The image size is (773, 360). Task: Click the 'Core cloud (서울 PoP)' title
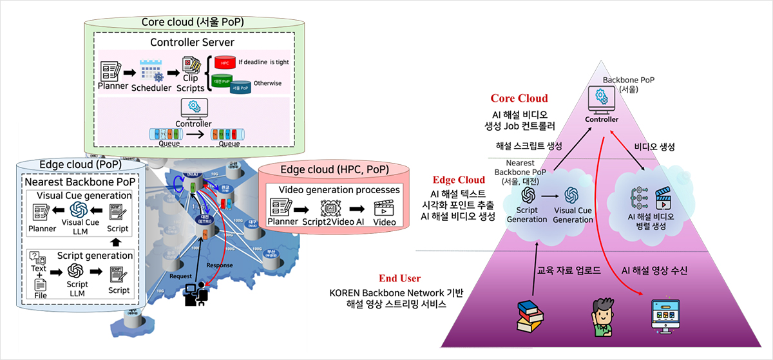click(193, 23)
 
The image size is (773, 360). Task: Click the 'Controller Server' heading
click(192, 43)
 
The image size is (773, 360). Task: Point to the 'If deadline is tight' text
click(264, 62)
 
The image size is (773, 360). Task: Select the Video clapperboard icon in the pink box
click(383, 207)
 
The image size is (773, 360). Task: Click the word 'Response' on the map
click(219, 265)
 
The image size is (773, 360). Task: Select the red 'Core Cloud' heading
click(519, 99)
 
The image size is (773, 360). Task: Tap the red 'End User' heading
click(400, 278)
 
